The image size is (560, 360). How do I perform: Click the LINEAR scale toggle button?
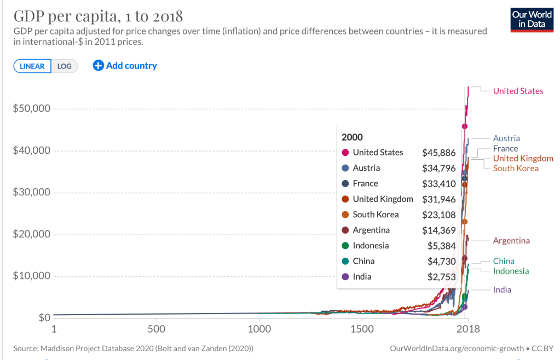pyautogui.click(x=32, y=66)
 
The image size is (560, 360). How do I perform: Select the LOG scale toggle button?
pyautogui.click(x=65, y=66)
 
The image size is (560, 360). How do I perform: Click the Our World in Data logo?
pyautogui.click(x=531, y=20)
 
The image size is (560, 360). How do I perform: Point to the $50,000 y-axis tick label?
pyautogui.click(x=32, y=108)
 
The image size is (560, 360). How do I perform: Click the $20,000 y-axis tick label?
pyautogui.click(x=32, y=234)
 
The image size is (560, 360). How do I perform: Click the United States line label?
pyautogui.click(x=518, y=91)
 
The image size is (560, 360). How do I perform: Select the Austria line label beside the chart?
pyautogui.click(x=506, y=138)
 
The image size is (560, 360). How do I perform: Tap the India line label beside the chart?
pyautogui.click(x=502, y=289)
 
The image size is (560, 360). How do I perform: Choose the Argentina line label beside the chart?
pyautogui.click(x=511, y=241)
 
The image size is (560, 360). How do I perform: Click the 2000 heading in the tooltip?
pyautogui.click(x=352, y=137)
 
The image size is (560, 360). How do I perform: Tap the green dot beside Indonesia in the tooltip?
pyautogui.click(x=345, y=246)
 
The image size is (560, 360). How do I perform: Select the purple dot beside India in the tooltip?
pyautogui.click(x=345, y=277)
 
